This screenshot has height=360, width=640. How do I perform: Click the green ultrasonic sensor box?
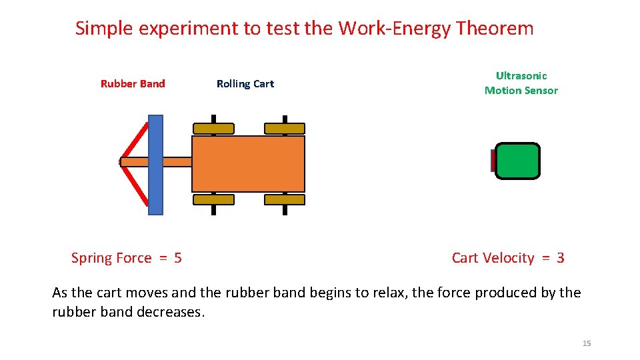518,161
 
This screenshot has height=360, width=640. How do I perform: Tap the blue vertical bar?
155,165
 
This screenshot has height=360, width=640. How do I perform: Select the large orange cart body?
248,164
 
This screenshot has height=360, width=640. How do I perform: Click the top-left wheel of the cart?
213,128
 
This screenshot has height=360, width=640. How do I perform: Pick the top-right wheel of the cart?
285,128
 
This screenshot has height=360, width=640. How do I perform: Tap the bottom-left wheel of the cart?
213,199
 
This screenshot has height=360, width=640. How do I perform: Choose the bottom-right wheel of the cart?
285,199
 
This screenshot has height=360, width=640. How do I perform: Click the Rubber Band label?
133,84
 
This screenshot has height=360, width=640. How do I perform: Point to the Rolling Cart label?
245,84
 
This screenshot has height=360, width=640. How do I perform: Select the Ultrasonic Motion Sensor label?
521,83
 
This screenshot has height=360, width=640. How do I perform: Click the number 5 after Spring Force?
177,258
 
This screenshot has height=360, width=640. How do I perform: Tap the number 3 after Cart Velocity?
560,258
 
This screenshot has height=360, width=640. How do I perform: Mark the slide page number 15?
587,343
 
